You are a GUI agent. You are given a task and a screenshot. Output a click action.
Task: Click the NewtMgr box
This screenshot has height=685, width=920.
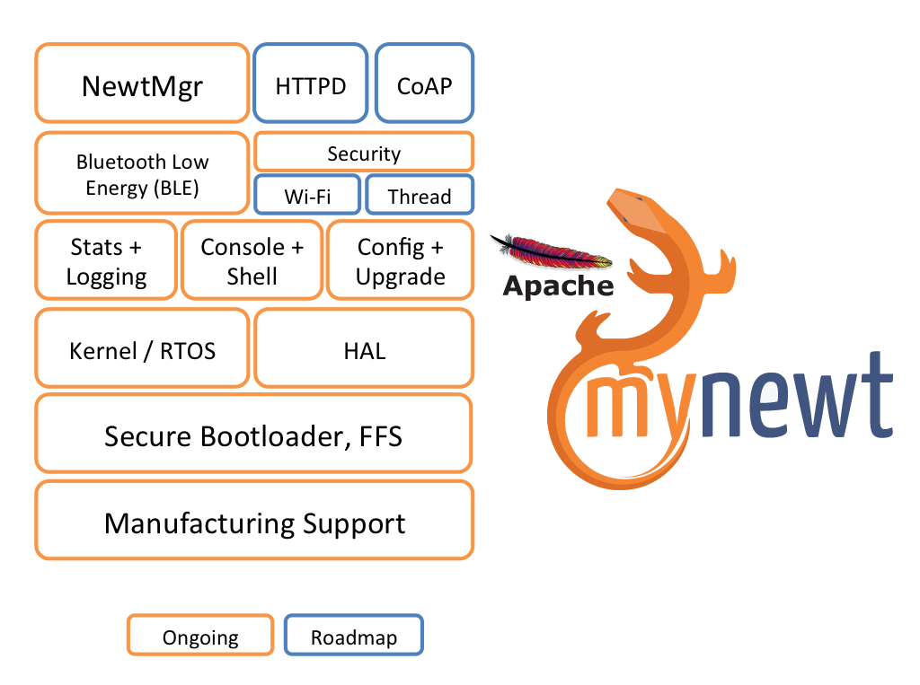[142, 83]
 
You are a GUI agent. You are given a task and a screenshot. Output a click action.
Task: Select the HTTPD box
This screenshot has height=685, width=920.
[310, 83]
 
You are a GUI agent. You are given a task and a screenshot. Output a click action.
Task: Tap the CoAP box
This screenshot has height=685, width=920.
[424, 83]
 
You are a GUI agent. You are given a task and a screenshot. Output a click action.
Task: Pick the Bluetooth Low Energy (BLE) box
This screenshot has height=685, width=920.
[142, 173]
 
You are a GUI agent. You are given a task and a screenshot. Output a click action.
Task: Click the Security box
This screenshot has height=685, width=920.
[364, 152]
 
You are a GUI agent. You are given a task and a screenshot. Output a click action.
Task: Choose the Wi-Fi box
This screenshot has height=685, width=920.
[307, 194]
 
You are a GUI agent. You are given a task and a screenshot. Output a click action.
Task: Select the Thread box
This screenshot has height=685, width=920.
[420, 194]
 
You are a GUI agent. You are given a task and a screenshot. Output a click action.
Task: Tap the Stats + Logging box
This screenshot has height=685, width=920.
[106, 259]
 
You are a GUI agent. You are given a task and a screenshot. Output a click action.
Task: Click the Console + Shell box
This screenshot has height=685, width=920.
[252, 259]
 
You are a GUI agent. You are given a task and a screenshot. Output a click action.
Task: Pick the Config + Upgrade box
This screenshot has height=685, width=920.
[400, 259]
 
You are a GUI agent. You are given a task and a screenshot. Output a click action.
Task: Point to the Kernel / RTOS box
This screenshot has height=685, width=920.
[142, 348]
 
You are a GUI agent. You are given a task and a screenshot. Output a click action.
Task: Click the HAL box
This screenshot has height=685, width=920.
[364, 348]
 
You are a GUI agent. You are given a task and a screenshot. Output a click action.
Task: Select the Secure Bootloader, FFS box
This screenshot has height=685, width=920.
[253, 434]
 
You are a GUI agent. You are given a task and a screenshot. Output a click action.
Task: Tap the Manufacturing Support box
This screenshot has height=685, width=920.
[254, 520]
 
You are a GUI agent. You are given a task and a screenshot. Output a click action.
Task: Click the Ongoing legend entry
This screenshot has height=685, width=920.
[200, 635]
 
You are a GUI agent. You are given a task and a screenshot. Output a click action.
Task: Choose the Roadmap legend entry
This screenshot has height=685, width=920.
[354, 635]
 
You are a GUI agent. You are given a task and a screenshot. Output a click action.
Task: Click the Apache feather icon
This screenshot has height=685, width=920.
[552, 251]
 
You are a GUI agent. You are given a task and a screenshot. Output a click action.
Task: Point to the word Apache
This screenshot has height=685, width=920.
[558, 286]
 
